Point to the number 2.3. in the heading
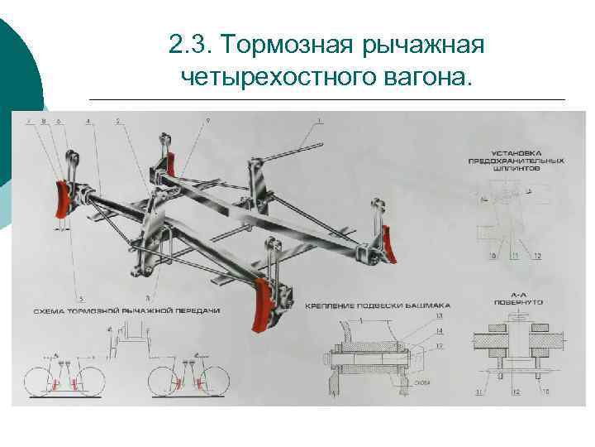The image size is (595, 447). point(190,42)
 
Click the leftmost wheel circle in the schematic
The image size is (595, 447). point(46,382)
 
